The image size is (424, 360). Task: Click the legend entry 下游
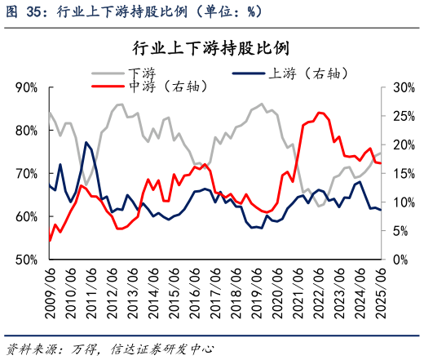coord(141,73)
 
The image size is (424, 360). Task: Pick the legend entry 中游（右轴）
coord(168,85)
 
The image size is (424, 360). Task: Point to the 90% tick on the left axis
coord(25,87)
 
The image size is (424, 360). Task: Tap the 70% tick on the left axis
coord(25,174)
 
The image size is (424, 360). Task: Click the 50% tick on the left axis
coord(25,260)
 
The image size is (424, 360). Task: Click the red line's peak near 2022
coord(319,113)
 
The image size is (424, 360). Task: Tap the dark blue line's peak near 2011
coord(86,142)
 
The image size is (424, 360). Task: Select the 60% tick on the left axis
coord(25,216)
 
